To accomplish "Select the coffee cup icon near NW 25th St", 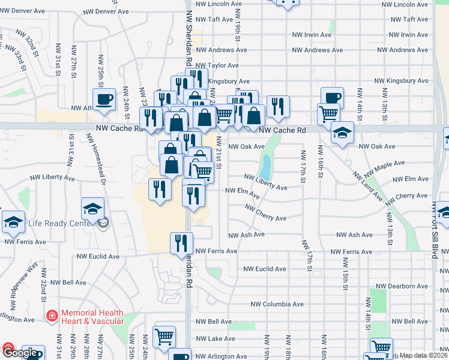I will click(104, 98).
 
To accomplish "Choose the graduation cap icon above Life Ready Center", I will click(92, 208).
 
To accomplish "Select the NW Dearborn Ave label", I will click(402, 286).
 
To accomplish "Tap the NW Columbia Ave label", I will click(273, 304).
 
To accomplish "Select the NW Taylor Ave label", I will click(217, 65).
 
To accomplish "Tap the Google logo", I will click(23, 353).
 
